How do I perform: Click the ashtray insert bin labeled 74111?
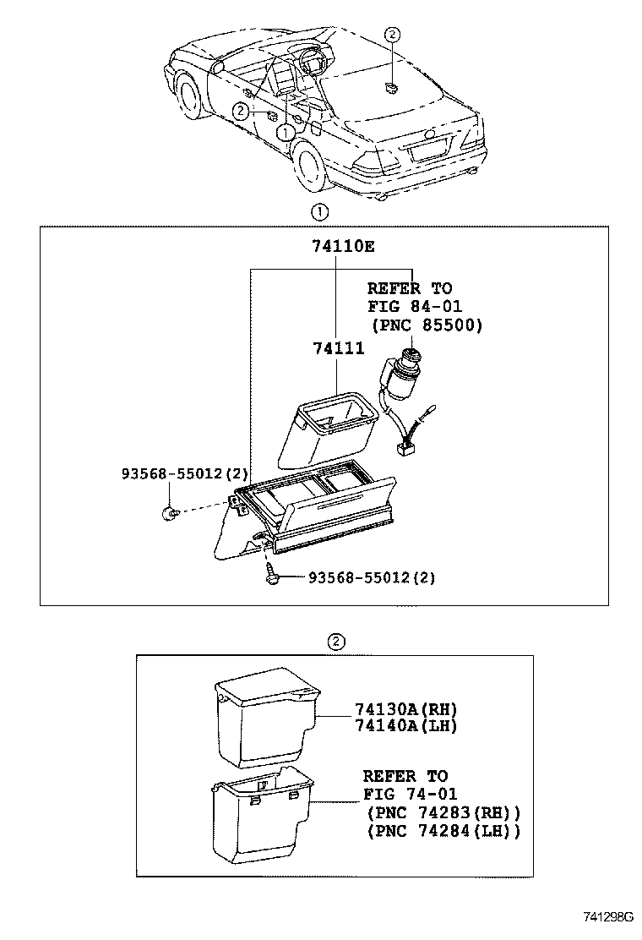pyautogui.click(x=327, y=427)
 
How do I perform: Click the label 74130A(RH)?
pyautogui.click(x=400, y=710)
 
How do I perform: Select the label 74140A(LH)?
pyautogui.click(x=400, y=725)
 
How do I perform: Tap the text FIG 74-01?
pyautogui.click(x=411, y=794)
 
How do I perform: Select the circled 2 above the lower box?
pyautogui.click(x=335, y=641)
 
